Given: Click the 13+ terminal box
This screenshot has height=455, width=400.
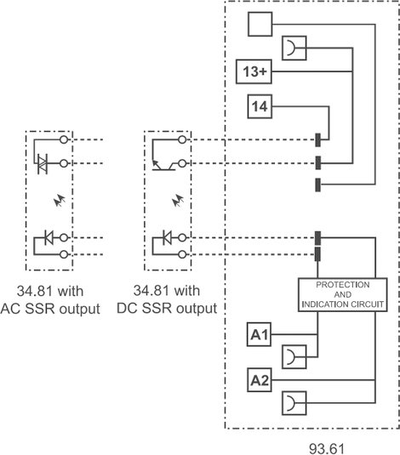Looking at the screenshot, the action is [x=254, y=71].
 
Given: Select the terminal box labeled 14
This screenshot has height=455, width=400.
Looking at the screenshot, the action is [x=260, y=106].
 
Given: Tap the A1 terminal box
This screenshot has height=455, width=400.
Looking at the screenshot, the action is [x=259, y=334].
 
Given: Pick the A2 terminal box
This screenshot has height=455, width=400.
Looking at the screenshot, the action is [x=259, y=380].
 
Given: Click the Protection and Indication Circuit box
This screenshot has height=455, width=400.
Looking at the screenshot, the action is [x=342, y=295].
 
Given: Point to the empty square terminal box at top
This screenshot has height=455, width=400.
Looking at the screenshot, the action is [x=260, y=24].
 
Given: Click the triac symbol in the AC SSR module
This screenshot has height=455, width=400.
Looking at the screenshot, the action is [x=43, y=164].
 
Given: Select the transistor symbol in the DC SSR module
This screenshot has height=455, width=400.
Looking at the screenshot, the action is [x=163, y=165].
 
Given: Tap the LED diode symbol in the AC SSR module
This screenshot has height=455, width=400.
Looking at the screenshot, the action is [x=49, y=237].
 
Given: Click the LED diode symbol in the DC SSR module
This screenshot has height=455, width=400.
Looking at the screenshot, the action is [x=167, y=237].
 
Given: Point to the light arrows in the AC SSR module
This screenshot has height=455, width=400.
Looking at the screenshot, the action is [x=60, y=200].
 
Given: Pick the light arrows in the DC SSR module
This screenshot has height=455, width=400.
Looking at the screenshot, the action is [x=178, y=200].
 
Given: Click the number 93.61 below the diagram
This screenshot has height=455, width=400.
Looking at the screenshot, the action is [x=326, y=448].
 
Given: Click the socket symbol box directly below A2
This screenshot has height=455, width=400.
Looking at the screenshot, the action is [x=294, y=403].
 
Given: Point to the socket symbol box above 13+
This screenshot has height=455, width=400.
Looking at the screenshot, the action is [x=294, y=48].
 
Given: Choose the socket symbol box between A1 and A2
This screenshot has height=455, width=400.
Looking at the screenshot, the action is [x=294, y=356].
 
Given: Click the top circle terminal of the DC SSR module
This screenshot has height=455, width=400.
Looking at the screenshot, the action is [x=182, y=139].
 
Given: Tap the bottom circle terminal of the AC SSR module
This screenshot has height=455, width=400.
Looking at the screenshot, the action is [x=64, y=254].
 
